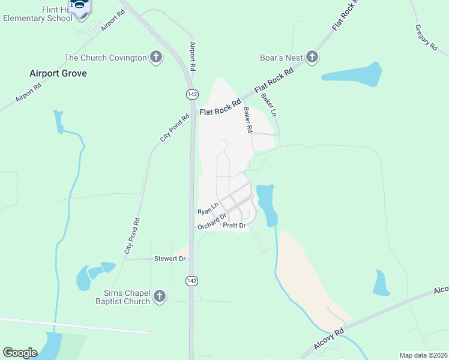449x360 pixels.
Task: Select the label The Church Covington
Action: point(106,58)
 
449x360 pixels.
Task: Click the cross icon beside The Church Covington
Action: point(155,58)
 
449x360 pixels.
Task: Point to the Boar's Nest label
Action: point(281,58)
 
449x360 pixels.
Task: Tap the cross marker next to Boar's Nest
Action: point(312,57)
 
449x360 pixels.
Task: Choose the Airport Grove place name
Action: point(58,73)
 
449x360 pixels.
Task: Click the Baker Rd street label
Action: point(248,120)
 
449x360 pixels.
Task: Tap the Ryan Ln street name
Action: point(207,209)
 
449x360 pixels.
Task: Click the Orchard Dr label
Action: point(212,221)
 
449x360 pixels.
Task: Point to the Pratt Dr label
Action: point(234,226)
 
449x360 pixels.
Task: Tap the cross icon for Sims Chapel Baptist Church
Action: point(160,296)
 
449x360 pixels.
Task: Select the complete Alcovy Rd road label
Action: point(329,339)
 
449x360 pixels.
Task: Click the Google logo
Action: point(20,353)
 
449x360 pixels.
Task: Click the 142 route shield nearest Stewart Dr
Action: point(191,281)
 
